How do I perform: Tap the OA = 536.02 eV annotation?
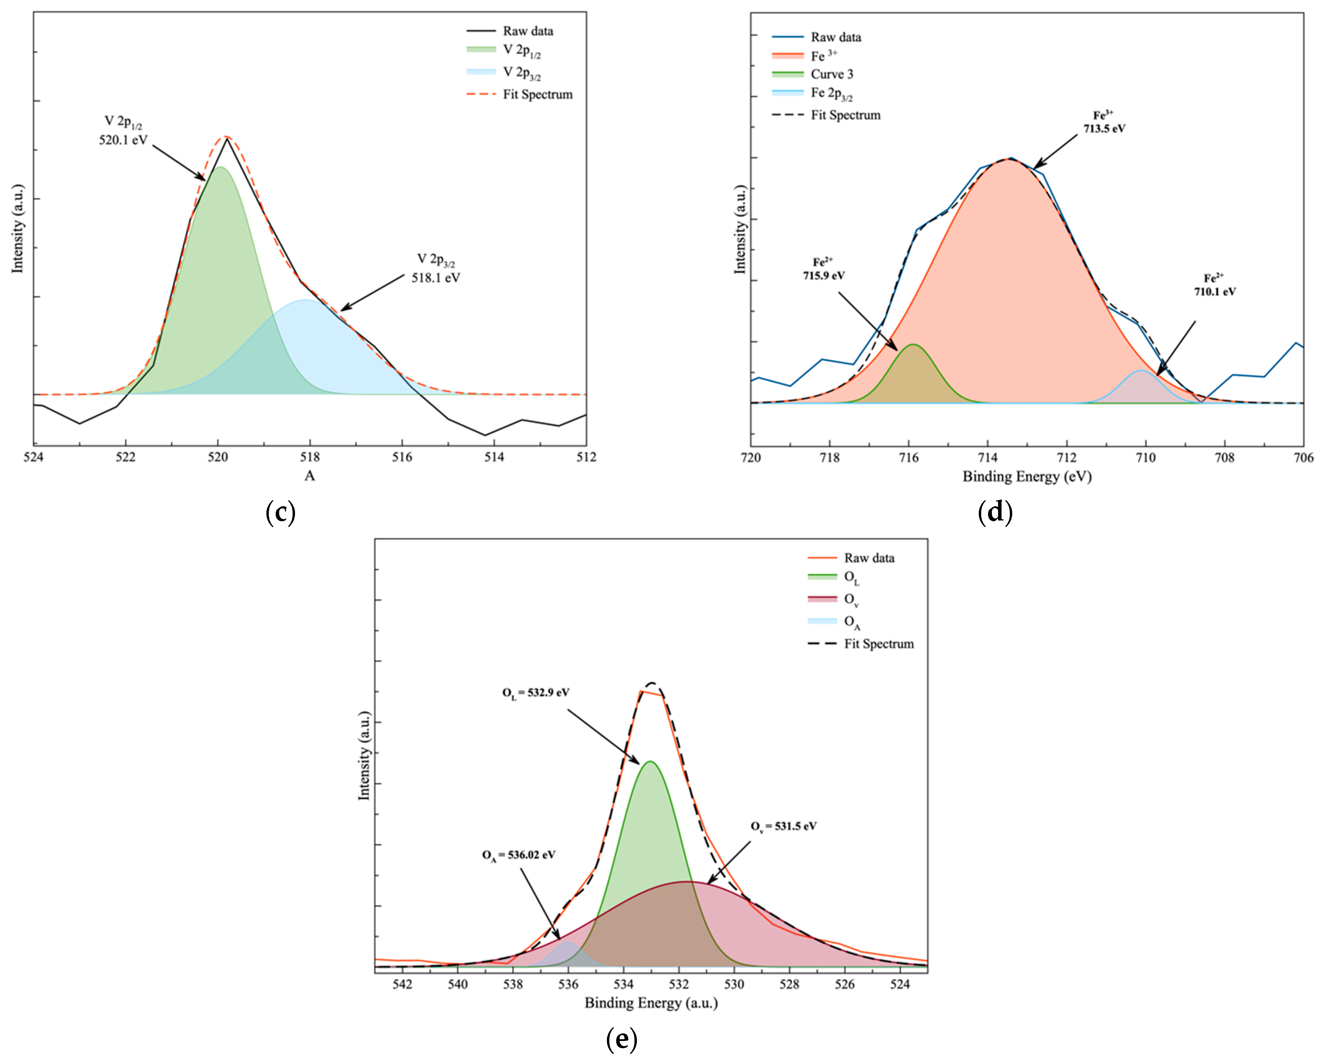click(x=518, y=855)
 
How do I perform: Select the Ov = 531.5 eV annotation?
click(x=784, y=827)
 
